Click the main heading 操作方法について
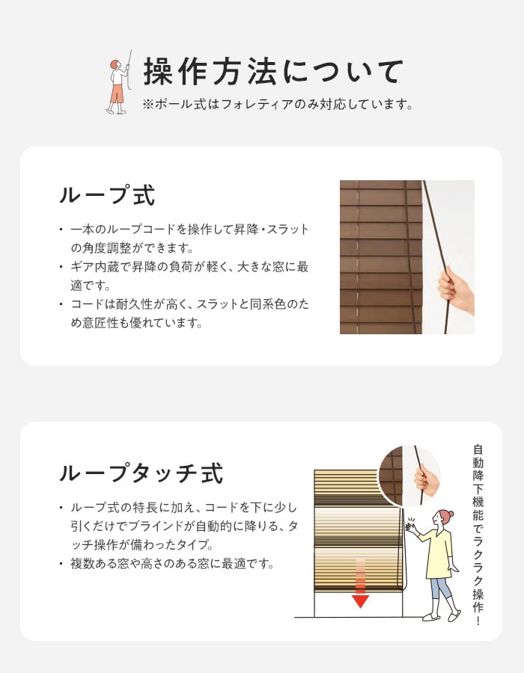tap(273, 72)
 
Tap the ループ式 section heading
tap(107, 196)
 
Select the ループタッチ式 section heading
tap(141, 474)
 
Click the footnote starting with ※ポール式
tap(278, 104)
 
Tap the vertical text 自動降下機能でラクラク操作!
tap(478, 535)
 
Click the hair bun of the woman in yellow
tap(451, 513)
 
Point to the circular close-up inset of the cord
tap(409, 476)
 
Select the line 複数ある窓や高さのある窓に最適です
tap(172, 564)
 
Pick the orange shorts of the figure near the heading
tap(117, 93)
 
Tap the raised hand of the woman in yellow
tap(411, 526)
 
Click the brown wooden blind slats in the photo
tap(381, 257)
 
